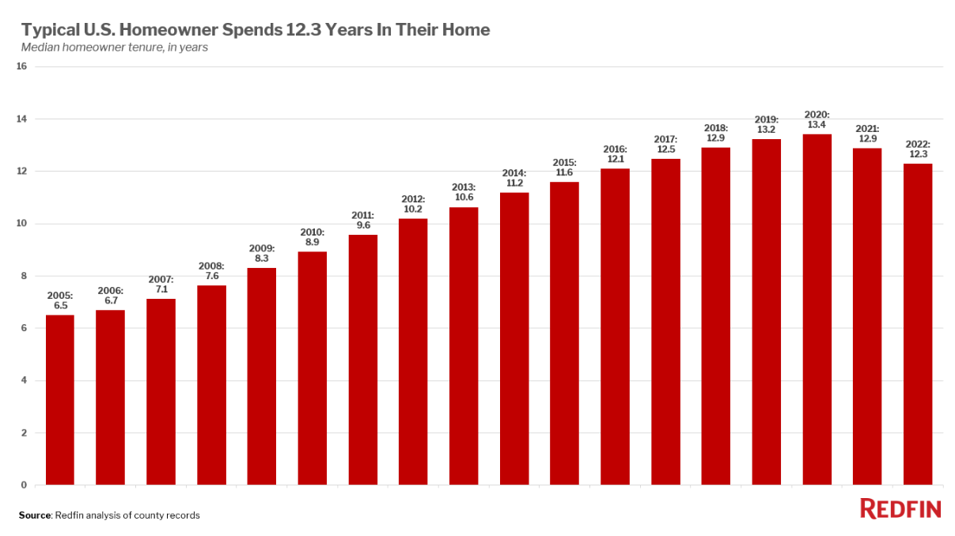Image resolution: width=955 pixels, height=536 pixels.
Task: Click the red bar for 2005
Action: click(60, 400)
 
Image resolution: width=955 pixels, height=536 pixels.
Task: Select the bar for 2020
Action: click(817, 310)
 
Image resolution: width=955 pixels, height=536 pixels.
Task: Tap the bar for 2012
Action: click(413, 352)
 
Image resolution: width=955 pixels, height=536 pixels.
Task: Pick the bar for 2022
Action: click(918, 324)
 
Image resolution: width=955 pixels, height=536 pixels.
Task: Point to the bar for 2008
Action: click(211, 385)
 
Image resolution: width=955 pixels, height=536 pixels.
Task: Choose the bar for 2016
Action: click(615, 327)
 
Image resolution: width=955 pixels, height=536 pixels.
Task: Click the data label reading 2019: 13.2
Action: click(766, 124)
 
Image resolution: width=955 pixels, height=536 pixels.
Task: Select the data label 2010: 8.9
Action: click(312, 237)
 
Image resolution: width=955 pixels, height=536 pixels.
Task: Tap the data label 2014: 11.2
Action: click(514, 178)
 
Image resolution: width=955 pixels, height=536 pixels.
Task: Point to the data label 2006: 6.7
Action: click(111, 295)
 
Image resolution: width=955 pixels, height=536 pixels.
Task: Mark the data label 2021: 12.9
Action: click(867, 134)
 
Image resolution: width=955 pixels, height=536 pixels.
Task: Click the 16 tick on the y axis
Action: click(21, 66)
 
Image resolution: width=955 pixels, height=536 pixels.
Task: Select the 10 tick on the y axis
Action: click(21, 223)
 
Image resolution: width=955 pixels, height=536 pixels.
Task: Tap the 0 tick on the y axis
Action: click(24, 485)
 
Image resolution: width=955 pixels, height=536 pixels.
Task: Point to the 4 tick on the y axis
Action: click(24, 380)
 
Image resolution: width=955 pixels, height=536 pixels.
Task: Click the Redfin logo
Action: click(900, 509)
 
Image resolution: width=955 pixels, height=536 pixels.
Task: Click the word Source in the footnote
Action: click(35, 515)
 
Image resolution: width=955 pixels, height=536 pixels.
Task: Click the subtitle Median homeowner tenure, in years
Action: click(114, 47)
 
